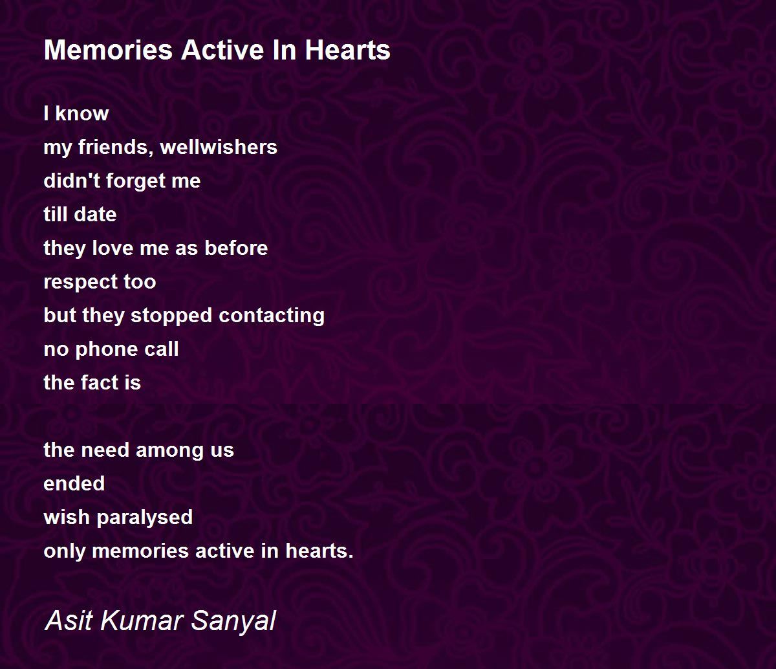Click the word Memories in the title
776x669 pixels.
(108, 50)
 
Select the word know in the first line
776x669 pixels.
(82, 113)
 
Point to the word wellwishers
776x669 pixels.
(219, 147)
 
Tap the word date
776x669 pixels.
(95, 215)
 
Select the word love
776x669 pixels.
(113, 248)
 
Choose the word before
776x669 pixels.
(236, 248)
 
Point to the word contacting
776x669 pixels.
(272, 316)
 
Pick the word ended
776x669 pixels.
(74, 484)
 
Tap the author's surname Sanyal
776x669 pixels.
(233, 620)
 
